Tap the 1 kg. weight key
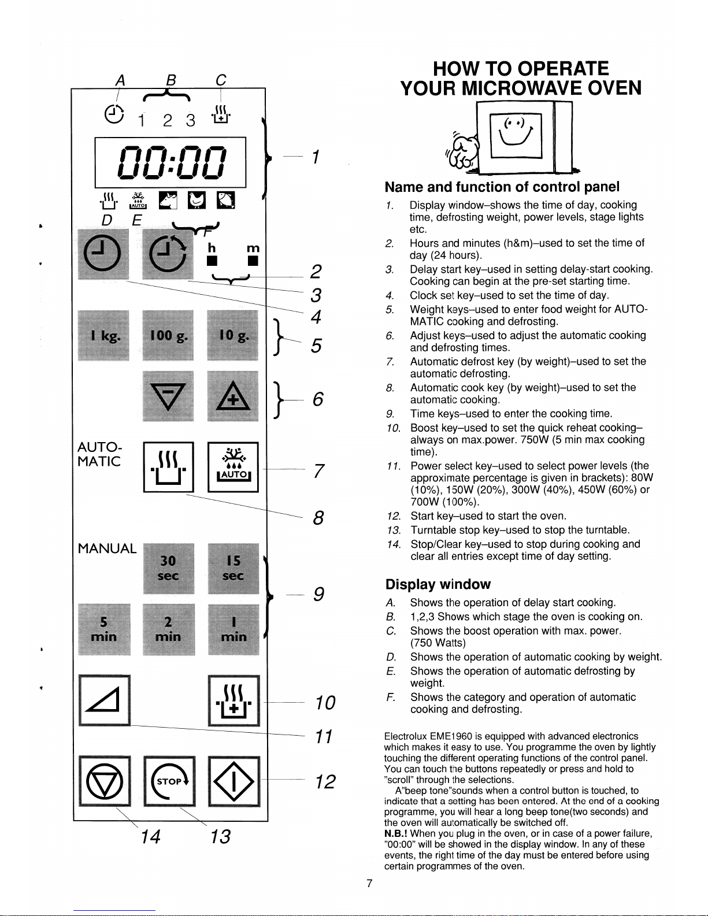point(104,336)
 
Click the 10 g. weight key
point(233,336)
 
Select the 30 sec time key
point(168,569)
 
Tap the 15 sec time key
point(233,569)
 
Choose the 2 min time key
point(168,629)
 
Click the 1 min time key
point(233,629)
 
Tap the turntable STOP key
point(169,781)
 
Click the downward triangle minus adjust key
point(168,396)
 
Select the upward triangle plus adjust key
point(233,396)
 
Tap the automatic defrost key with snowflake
point(233,466)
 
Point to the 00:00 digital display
point(170,162)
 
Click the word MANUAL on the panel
point(107,548)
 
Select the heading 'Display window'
point(438,584)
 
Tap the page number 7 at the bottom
point(370,883)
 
